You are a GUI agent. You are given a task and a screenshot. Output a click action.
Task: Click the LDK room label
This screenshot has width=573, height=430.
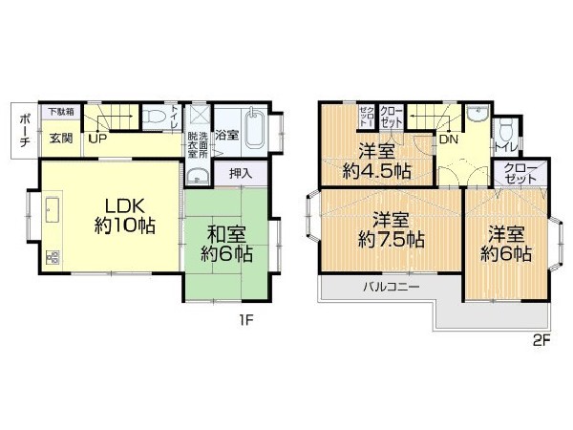pyautogui.click(x=125, y=216)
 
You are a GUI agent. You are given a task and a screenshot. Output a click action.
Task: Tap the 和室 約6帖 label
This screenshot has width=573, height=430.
pyautogui.click(x=226, y=244)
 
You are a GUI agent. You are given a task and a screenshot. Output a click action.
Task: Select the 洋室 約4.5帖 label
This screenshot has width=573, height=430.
pyautogui.click(x=377, y=161)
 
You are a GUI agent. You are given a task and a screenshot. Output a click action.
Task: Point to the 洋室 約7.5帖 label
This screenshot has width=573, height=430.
pyautogui.click(x=392, y=230)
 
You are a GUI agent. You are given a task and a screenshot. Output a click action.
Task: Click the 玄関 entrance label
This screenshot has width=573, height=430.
pyautogui.click(x=61, y=139)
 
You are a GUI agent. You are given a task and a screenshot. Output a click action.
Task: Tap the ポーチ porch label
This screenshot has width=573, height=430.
pyautogui.click(x=25, y=130)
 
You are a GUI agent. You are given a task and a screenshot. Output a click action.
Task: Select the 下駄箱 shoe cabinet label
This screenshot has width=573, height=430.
pyautogui.click(x=61, y=111)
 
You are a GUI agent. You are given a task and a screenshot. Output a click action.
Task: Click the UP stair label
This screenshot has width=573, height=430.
pyautogui.click(x=98, y=139)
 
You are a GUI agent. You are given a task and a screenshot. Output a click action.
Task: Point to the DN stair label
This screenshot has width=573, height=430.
pyautogui.click(x=448, y=139)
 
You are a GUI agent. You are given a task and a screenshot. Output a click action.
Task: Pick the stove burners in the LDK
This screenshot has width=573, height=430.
pyautogui.click(x=53, y=257)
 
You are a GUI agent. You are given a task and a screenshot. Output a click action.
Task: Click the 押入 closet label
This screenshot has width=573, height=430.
pyautogui.click(x=241, y=173)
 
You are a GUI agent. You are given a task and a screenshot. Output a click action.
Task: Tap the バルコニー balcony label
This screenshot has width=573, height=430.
pyautogui.click(x=392, y=287)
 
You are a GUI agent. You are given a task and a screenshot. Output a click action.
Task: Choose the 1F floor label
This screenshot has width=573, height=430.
pyautogui.click(x=246, y=321)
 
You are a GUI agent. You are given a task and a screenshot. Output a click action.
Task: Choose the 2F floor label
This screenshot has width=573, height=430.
pyautogui.click(x=541, y=340)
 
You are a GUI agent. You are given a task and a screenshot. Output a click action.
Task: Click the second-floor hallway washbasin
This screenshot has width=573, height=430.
pyautogui.click(x=477, y=113)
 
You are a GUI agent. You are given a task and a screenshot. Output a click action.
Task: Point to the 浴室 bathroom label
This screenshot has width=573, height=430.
pyautogui.click(x=227, y=136)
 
